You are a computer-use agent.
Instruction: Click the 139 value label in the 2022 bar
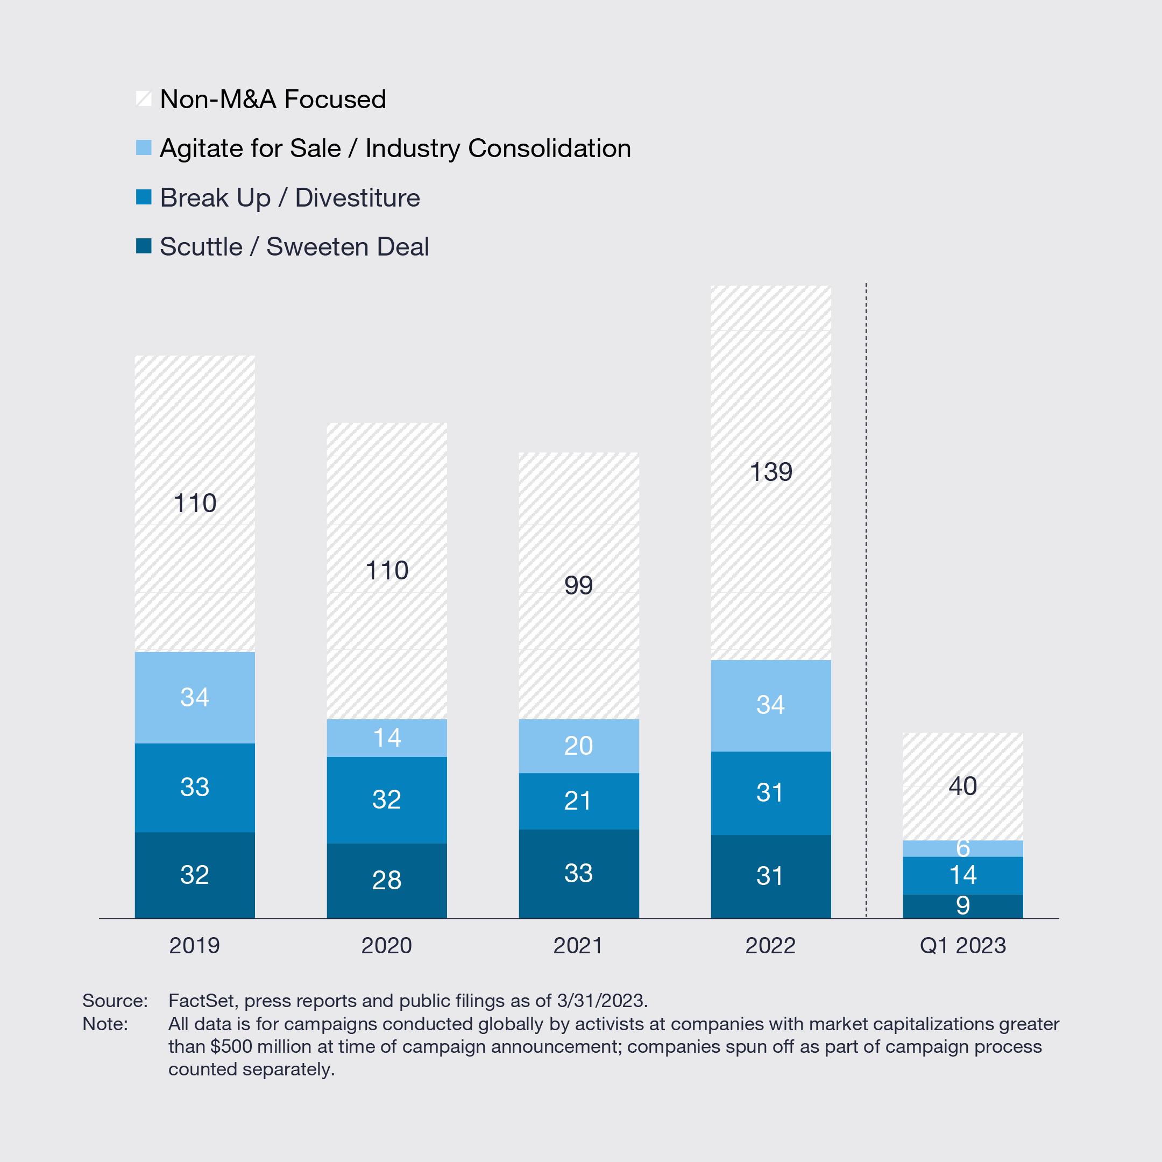(770, 472)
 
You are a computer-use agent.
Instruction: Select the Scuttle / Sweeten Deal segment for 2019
(194, 875)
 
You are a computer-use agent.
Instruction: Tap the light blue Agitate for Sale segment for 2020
(387, 738)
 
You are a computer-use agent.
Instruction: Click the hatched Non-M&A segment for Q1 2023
(962, 785)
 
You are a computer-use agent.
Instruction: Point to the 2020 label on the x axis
(386, 946)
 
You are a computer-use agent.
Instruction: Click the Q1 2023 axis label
(962, 946)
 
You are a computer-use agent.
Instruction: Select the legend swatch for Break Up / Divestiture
(144, 197)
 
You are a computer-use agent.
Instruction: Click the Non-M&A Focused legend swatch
(144, 98)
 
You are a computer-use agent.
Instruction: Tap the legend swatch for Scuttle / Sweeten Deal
(144, 246)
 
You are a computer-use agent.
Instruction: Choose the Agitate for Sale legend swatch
(144, 147)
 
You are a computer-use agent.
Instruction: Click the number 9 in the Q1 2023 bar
(962, 905)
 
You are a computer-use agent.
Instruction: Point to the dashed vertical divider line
(866, 601)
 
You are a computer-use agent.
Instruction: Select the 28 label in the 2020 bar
(387, 880)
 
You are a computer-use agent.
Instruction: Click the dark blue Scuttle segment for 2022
(770, 876)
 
